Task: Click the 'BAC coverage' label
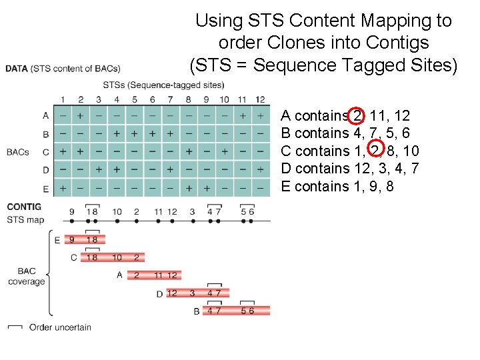[27, 276]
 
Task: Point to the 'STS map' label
[25, 219]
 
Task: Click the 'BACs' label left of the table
[18, 151]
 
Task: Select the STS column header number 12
[260, 100]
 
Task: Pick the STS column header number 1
[63, 100]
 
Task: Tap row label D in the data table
[45, 170]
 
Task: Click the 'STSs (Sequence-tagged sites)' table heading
[163, 85]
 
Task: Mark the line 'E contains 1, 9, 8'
[337, 186]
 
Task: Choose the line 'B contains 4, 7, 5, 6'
[345, 133]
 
